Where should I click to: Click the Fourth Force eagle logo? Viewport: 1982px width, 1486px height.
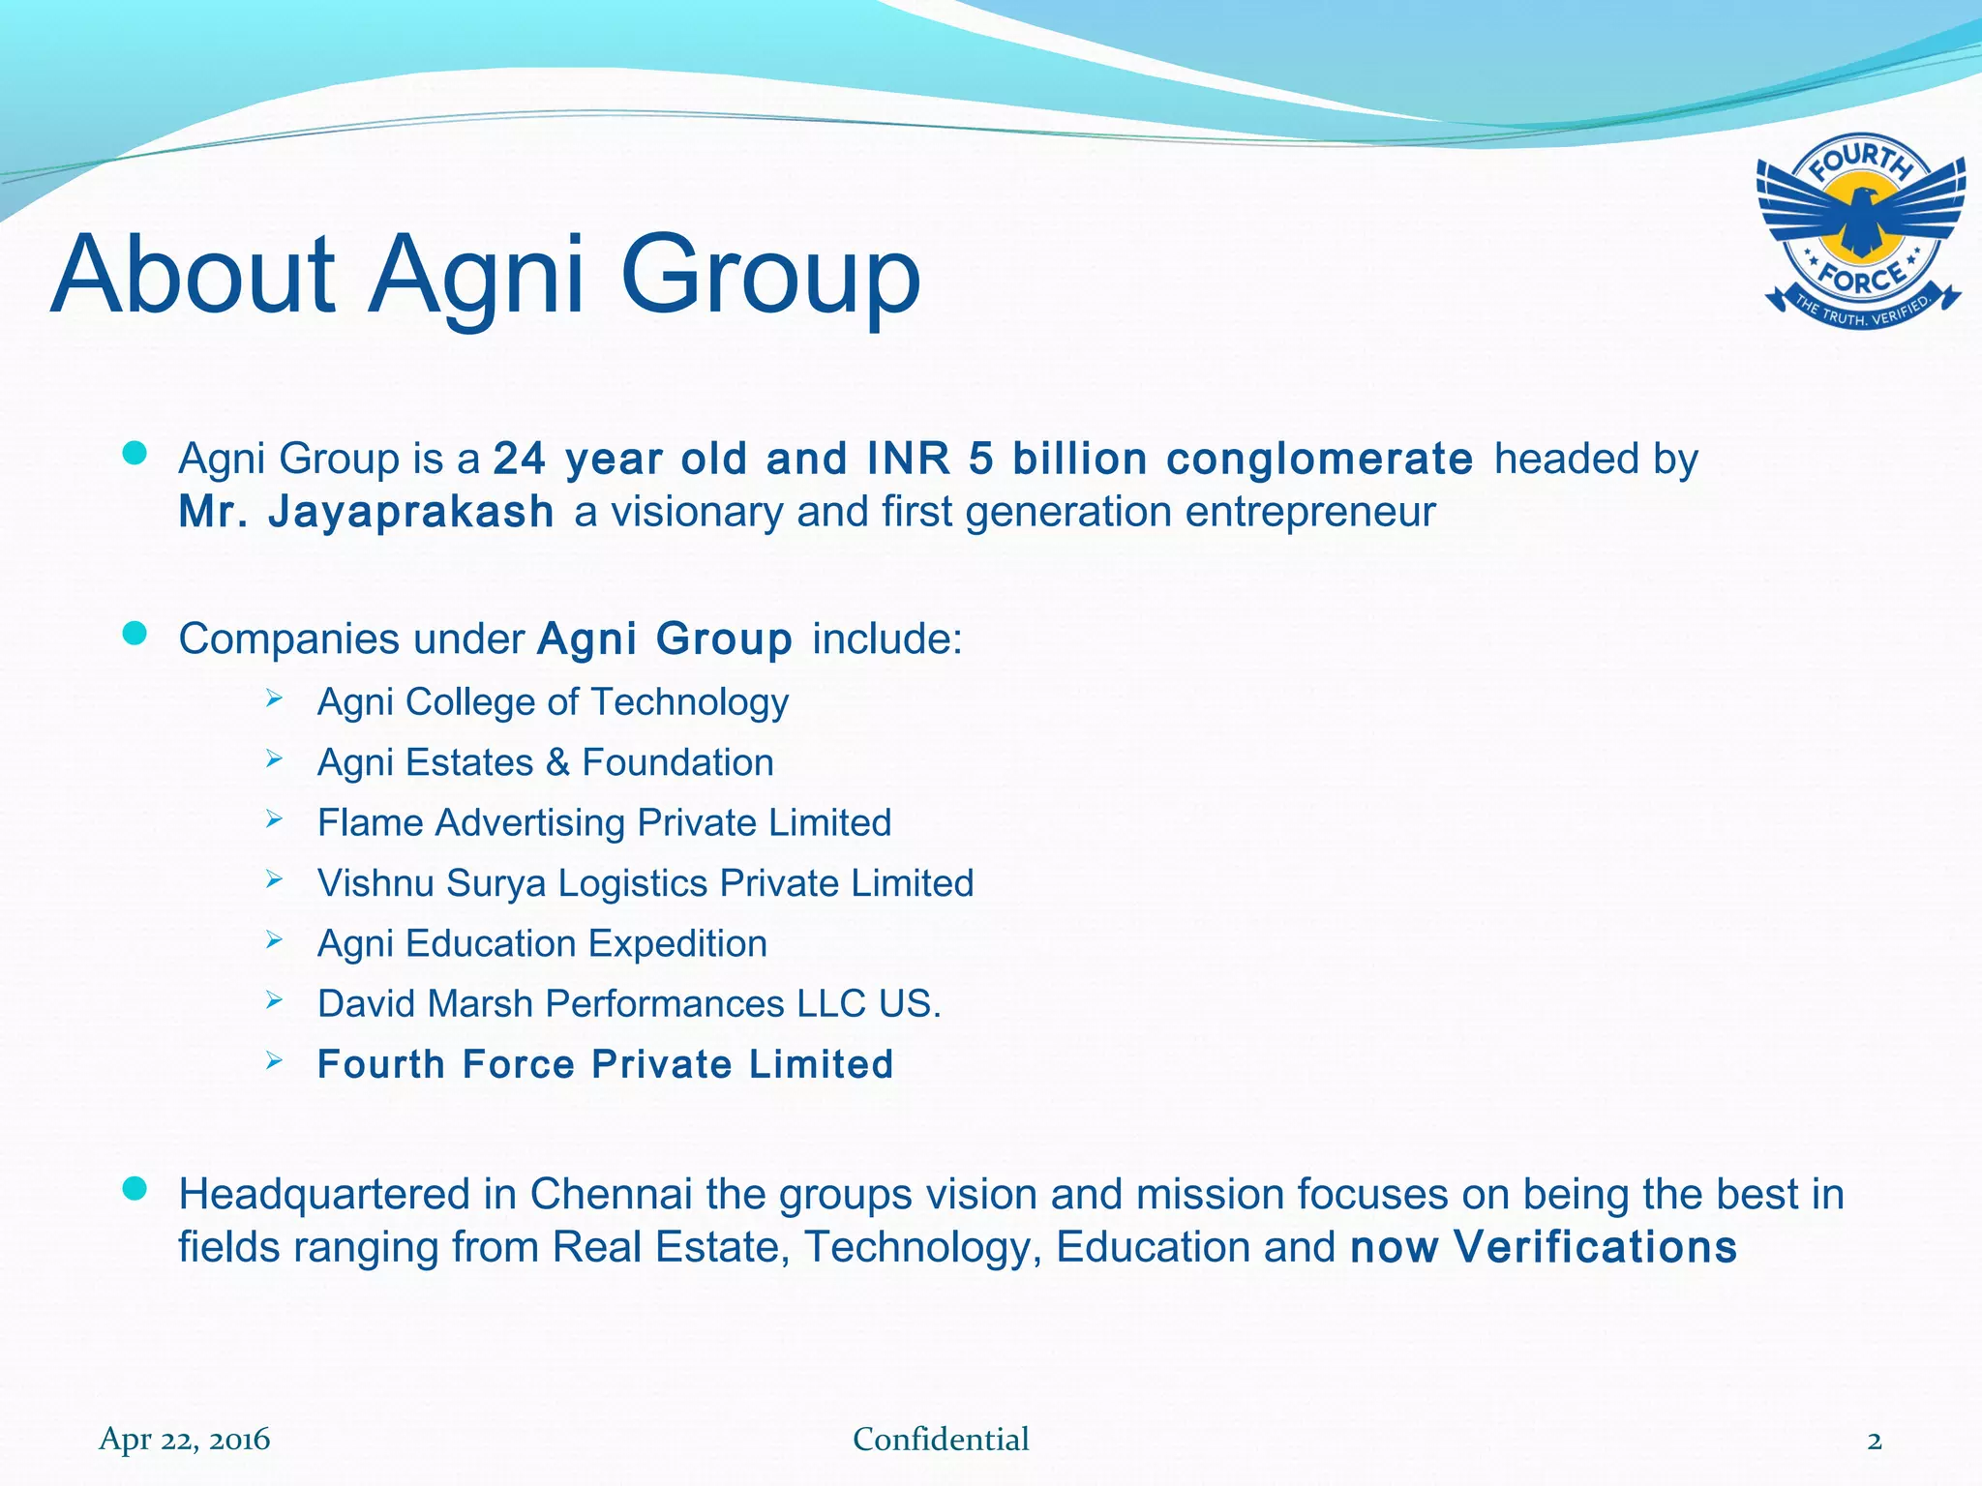pyautogui.click(x=1861, y=230)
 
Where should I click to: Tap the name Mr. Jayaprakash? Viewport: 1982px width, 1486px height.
pyautogui.click(x=366, y=512)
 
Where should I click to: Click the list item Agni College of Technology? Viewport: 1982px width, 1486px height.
pyautogui.click(x=553, y=702)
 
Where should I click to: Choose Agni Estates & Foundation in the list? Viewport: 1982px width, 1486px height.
pyautogui.click(x=545, y=762)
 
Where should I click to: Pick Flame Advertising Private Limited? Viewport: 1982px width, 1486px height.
pyautogui.click(x=604, y=823)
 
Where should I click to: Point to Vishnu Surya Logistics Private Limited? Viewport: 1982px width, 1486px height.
pyautogui.click(x=646, y=883)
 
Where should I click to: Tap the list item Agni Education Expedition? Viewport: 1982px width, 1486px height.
pyautogui.click(x=542, y=943)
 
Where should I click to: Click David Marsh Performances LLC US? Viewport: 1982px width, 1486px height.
pyautogui.click(x=629, y=1004)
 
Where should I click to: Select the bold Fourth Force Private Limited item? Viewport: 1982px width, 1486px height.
pyautogui.click(x=605, y=1064)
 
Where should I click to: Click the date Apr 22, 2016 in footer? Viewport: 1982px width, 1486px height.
pyautogui.click(x=184, y=1440)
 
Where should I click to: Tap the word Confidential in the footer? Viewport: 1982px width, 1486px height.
pyautogui.click(x=941, y=1440)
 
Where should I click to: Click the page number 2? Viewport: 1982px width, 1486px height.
pyautogui.click(x=1875, y=1441)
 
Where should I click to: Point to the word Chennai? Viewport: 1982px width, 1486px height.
pyautogui.click(x=611, y=1195)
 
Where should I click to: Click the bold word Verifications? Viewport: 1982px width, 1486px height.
pyautogui.click(x=1596, y=1247)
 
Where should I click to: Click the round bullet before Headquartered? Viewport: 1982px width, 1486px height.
pyautogui.click(x=135, y=1189)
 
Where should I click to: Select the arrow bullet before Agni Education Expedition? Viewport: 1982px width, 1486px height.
pyautogui.click(x=274, y=939)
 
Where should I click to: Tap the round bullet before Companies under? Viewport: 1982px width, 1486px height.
pyautogui.click(x=135, y=634)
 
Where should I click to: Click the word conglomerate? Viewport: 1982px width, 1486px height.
pyautogui.click(x=1319, y=459)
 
